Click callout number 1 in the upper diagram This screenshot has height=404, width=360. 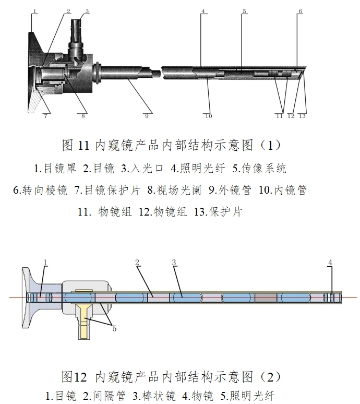click(34, 10)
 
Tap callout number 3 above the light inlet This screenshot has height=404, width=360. click(87, 10)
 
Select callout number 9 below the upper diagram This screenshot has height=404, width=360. click(147, 116)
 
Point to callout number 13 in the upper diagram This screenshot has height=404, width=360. click(302, 116)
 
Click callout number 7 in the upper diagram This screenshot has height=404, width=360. click(45, 116)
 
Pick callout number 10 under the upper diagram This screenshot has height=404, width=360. click(208, 116)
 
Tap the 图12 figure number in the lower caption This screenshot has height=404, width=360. click(74, 376)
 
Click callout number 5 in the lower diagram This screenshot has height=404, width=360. click(114, 328)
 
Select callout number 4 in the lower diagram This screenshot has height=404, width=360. click(330, 262)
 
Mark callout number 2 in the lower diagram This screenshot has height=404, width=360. click(138, 262)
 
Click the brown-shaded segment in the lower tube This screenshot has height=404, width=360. click(265, 298)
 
